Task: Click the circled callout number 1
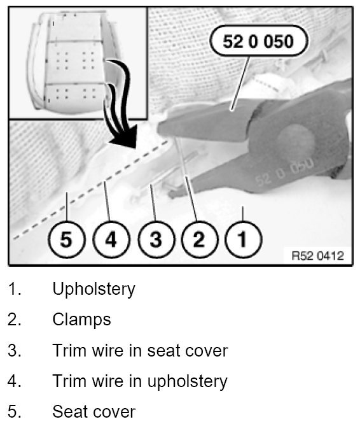[x=243, y=239]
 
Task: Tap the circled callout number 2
[x=199, y=239]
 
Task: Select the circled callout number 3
[x=156, y=239]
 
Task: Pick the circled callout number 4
[x=111, y=239]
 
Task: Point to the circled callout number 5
[x=66, y=239]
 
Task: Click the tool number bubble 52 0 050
[x=258, y=41]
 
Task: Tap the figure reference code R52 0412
[x=318, y=256]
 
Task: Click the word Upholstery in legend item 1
[x=93, y=289]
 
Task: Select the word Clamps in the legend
[x=81, y=320]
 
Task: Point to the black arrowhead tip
[x=135, y=148]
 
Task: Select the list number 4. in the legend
[x=15, y=381]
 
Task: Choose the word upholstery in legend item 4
[x=187, y=382]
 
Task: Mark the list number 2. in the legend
[x=15, y=320]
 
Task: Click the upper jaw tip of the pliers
[x=160, y=128]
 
